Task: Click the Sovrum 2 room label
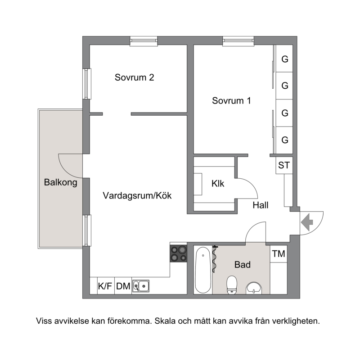point(134,77)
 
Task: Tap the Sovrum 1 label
point(231,101)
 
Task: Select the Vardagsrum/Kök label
point(137,195)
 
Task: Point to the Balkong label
point(60,182)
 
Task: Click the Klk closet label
point(218,184)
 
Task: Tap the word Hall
point(260,205)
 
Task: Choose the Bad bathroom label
point(242,265)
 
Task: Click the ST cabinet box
point(284,165)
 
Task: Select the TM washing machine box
point(279,254)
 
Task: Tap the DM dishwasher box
point(123,286)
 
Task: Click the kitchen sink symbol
point(141,286)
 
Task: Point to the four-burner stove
point(178,253)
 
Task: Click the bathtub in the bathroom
point(203,270)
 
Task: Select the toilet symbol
point(232,285)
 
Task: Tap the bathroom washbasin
point(254,288)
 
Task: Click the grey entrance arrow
point(307,222)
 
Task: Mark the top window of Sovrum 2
point(144,41)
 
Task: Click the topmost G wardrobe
point(284,59)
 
